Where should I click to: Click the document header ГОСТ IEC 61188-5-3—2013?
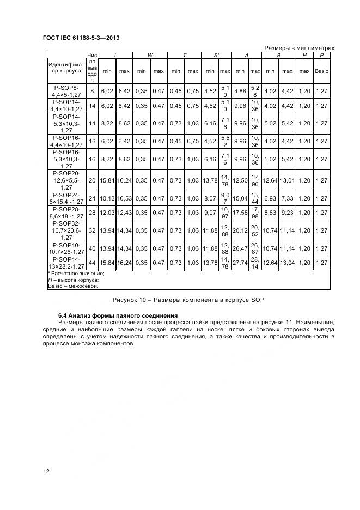(81, 38)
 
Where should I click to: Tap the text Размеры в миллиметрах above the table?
(299, 48)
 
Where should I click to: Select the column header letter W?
(150, 56)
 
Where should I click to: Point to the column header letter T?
(184, 56)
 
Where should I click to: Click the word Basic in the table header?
(321, 71)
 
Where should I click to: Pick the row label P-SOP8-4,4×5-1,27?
(66, 90)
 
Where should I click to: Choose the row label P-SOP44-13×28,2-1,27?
(66, 263)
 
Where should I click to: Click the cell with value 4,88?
(240, 91)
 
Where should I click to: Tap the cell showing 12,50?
(240, 180)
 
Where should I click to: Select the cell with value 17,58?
(240, 212)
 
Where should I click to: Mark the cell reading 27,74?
(240, 263)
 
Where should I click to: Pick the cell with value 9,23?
(288, 212)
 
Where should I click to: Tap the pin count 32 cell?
(92, 231)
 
